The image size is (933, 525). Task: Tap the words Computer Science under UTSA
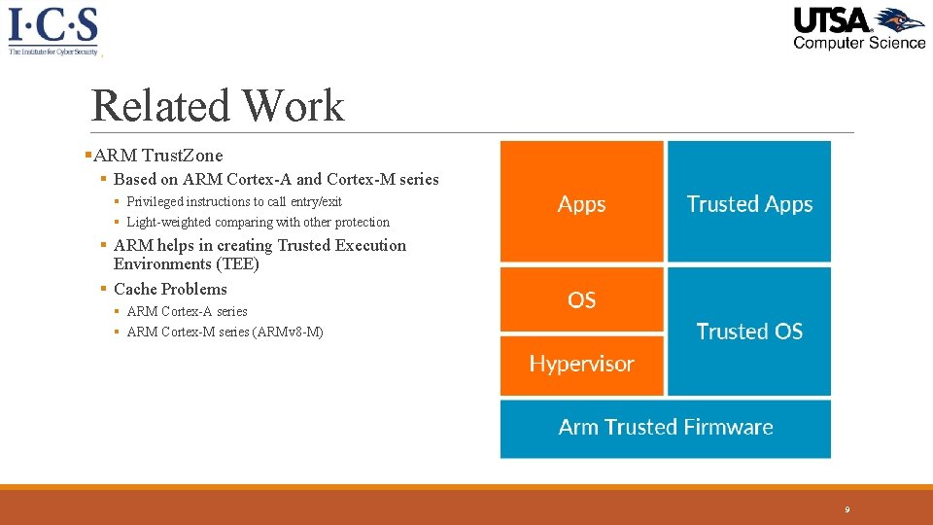tap(859, 42)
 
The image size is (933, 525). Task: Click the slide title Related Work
tap(218, 106)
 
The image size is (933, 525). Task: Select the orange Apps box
tap(581, 201)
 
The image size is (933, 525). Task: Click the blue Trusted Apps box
tap(749, 201)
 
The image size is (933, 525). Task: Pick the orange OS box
tap(581, 300)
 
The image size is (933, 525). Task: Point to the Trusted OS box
tap(749, 332)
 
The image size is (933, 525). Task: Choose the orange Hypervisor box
tap(581, 365)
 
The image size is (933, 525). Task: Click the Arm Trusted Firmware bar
tap(666, 428)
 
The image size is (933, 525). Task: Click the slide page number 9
tap(847, 509)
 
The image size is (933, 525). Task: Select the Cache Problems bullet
tap(170, 289)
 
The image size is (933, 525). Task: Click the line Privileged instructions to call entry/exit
tap(234, 202)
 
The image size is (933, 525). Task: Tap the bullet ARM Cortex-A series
tap(187, 312)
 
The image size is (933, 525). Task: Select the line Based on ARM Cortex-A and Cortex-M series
tap(276, 179)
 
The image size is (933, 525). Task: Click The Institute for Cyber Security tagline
tap(53, 52)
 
